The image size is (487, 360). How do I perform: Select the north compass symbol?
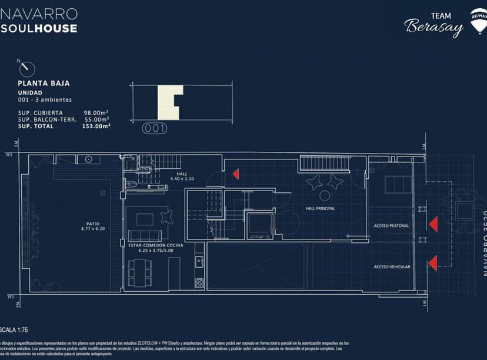coord(26,69)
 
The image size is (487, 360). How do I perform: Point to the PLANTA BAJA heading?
coord(41,84)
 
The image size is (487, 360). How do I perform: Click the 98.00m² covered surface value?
coord(96,112)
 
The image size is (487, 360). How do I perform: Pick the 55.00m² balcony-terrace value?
coord(96,119)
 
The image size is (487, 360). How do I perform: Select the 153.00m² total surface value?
coord(96,125)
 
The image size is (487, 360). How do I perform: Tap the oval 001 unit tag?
coord(155,128)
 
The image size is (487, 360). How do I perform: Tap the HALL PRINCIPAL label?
coord(321,209)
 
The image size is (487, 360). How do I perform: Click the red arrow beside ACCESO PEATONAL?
coord(433,224)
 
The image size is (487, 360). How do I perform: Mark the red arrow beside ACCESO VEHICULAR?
coord(433,263)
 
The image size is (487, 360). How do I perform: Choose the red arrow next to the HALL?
coord(235,174)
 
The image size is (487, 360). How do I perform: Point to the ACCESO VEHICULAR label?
coord(392,267)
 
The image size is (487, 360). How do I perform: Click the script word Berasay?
coord(433,27)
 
